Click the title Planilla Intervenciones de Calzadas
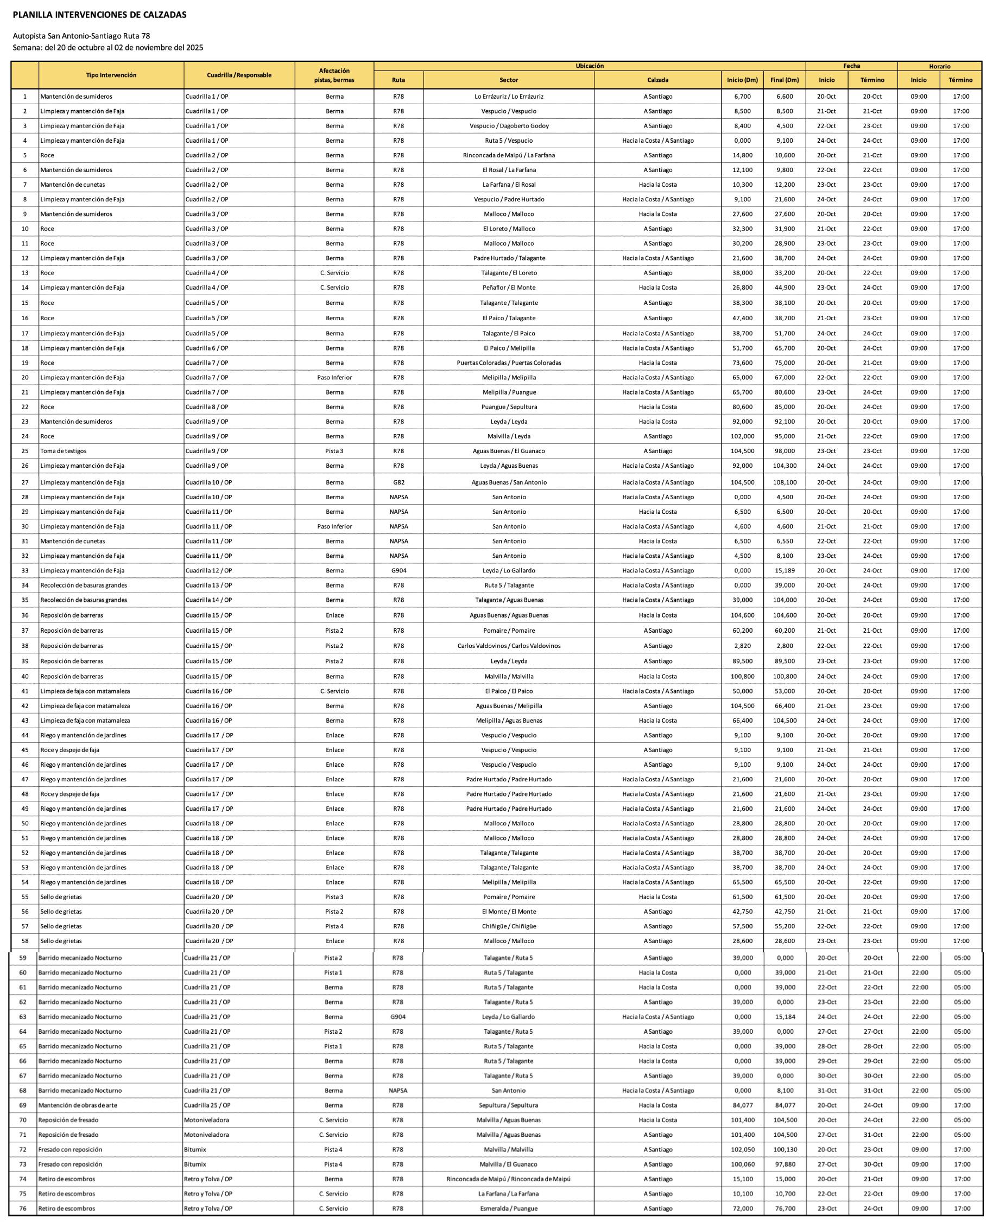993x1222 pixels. (99, 15)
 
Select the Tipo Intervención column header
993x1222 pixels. (111, 75)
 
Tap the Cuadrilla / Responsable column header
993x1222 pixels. (239, 75)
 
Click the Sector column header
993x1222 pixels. (509, 80)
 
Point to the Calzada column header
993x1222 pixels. (658, 80)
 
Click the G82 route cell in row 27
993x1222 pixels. (399, 482)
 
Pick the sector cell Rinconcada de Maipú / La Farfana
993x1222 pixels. (509, 155)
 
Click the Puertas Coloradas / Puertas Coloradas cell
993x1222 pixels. (509, 362)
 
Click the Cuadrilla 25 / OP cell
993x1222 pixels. (207, 1105)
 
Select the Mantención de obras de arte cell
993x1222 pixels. (78, 1105)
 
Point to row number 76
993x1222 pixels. (23, 1208)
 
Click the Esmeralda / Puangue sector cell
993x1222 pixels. (509, 1208)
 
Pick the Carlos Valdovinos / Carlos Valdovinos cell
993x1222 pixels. (509, 646)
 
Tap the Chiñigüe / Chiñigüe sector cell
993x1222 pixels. (509, 926)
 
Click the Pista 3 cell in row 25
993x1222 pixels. (334, 451)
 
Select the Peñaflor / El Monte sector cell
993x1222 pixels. (509, 288)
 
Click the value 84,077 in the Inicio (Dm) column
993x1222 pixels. (742, 1105)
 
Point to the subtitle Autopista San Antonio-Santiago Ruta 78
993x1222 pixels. (81, 36)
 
